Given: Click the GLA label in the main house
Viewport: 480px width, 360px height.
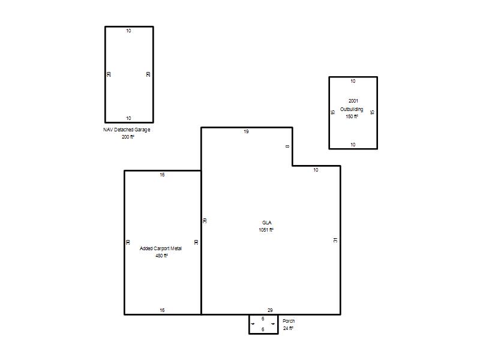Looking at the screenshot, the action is coord(266,223).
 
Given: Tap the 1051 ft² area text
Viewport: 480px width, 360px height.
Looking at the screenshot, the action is coord(266,230).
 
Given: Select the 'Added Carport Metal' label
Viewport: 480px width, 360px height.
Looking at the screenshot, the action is coord(161,248).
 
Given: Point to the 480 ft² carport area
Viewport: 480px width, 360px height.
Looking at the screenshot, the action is coord(161,256).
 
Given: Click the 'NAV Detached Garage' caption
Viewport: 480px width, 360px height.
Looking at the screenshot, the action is coord(127,130).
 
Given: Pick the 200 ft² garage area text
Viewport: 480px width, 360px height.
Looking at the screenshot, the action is coord(128,137).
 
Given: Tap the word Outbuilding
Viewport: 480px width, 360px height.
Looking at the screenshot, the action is coord(352,109).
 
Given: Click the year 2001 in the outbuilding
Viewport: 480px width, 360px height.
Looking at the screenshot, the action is coord(353,101).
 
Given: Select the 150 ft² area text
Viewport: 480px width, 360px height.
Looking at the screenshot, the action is coord(352,116).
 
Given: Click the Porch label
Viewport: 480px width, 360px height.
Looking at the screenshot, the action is coord(289,321).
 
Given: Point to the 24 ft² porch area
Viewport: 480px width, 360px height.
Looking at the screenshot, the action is coord(288,328).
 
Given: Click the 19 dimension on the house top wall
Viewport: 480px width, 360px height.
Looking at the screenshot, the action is coord(246,131).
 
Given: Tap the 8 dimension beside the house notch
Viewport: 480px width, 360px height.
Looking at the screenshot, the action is coord(287,146).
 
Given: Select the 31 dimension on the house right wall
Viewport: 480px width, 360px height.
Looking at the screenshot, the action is coord(335,240).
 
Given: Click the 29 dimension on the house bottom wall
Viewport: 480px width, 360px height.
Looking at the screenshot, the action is coord(270,310).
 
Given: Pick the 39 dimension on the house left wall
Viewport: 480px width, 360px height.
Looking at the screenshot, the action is coord(205,220).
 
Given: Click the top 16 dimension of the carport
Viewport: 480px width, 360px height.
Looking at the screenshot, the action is coord(162,175).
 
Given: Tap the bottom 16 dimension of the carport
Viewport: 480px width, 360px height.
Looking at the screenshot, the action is coord(162,310).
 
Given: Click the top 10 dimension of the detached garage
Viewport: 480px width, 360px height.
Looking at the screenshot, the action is coord(128,31).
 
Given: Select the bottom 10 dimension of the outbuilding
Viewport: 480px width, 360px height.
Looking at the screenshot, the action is coord(353,145).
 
